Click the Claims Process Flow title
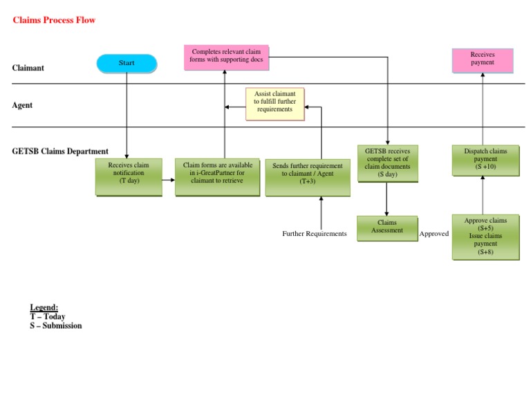[54, 20]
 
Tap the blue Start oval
[127, 64]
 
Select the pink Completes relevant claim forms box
[226, 57]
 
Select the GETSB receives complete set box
[387, 163]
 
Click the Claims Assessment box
[387, 228]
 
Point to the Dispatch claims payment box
[485, 160]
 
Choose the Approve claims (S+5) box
[485, 237]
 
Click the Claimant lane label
[28, 68]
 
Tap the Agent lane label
[22, 106]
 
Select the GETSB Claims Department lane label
[60, 152]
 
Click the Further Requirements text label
[315, 234]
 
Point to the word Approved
[434, 234]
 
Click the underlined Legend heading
[44, 307]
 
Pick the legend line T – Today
[47, 316]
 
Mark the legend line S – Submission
[55, 326]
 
